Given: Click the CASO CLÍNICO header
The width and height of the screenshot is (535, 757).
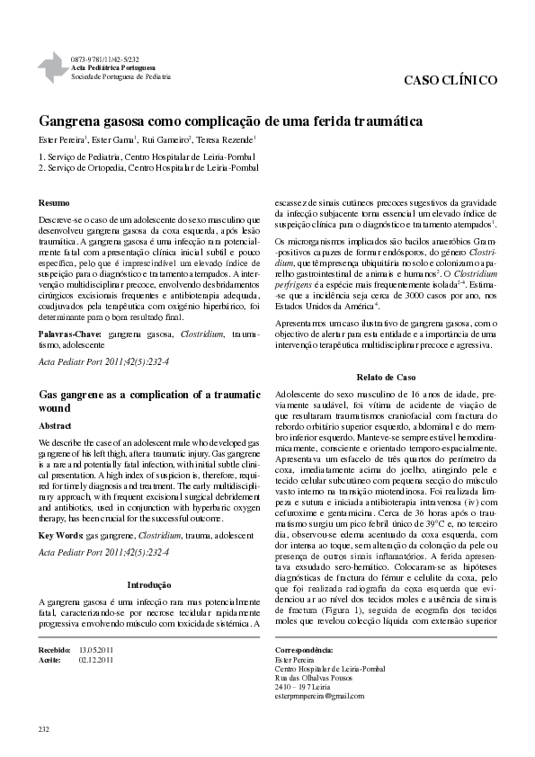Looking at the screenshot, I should tap(450, 80).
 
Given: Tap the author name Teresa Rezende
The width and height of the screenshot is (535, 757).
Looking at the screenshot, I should tap(228, 139).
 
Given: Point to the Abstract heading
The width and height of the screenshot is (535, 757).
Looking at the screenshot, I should tap(56, 425).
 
